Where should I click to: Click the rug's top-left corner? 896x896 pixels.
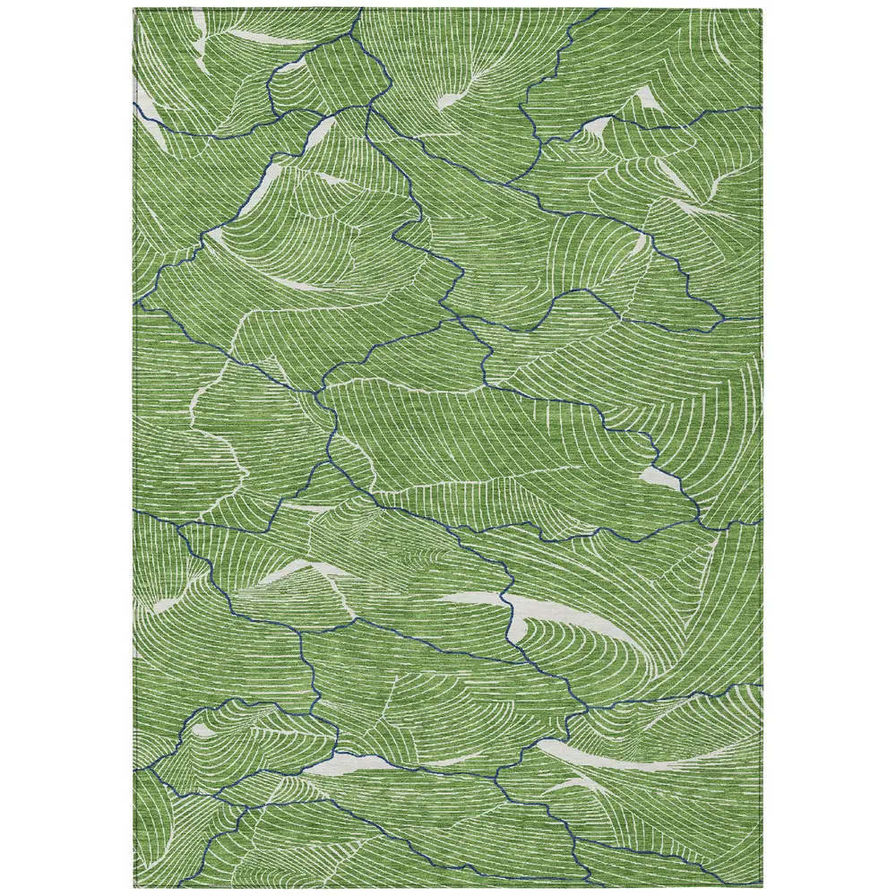point(135,10)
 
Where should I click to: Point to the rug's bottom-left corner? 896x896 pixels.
point(135,886)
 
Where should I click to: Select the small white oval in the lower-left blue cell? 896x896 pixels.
point(202,731)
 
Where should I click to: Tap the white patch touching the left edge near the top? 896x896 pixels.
point(152,130)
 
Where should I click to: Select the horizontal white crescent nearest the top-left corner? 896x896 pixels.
point(246,36)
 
